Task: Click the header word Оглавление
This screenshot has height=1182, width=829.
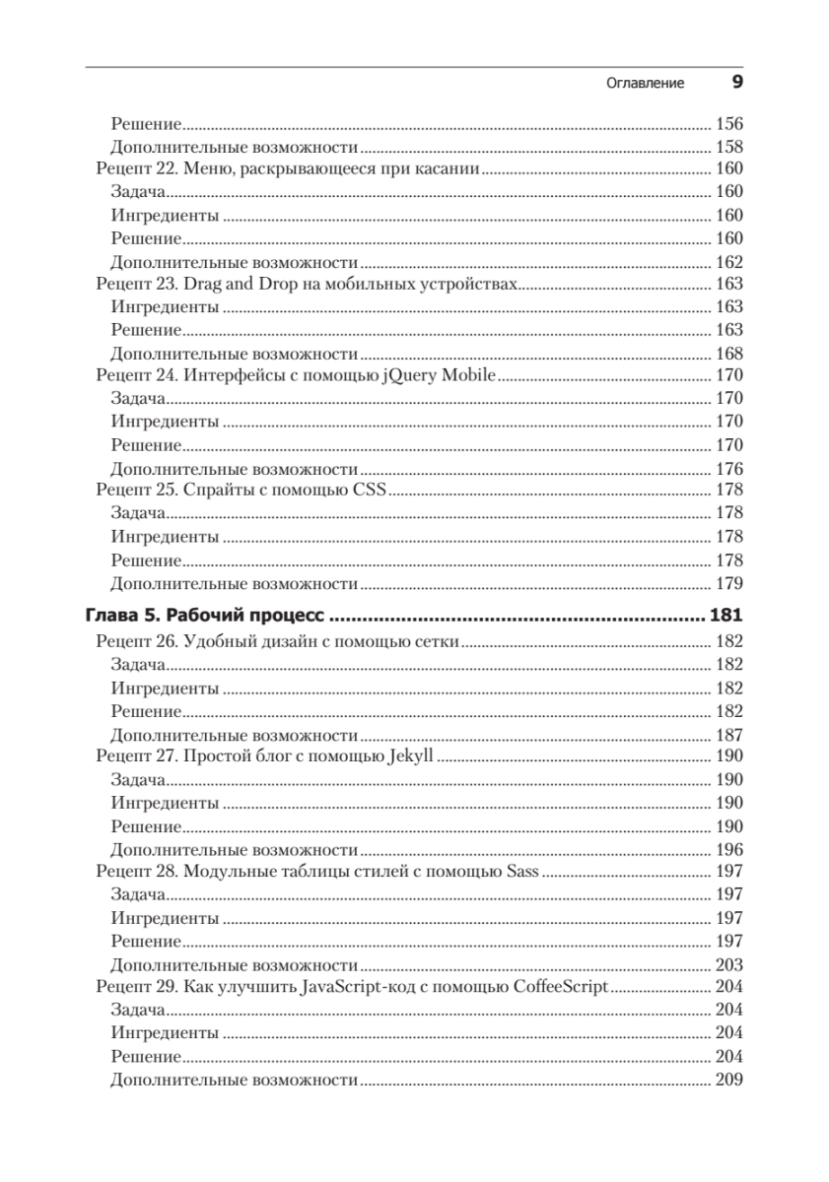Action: point(645,84)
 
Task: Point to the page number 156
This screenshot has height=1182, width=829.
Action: point(727,125)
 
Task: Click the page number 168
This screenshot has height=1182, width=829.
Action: point(727,354)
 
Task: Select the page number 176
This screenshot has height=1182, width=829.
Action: point(727,469)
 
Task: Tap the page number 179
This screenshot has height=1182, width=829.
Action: point(727,583)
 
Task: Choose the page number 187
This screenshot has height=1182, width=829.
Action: point(727,735)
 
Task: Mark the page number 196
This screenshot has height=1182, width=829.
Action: point(727,850)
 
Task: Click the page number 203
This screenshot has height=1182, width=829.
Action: point(727,965)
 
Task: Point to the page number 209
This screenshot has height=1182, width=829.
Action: point(727,1081)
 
